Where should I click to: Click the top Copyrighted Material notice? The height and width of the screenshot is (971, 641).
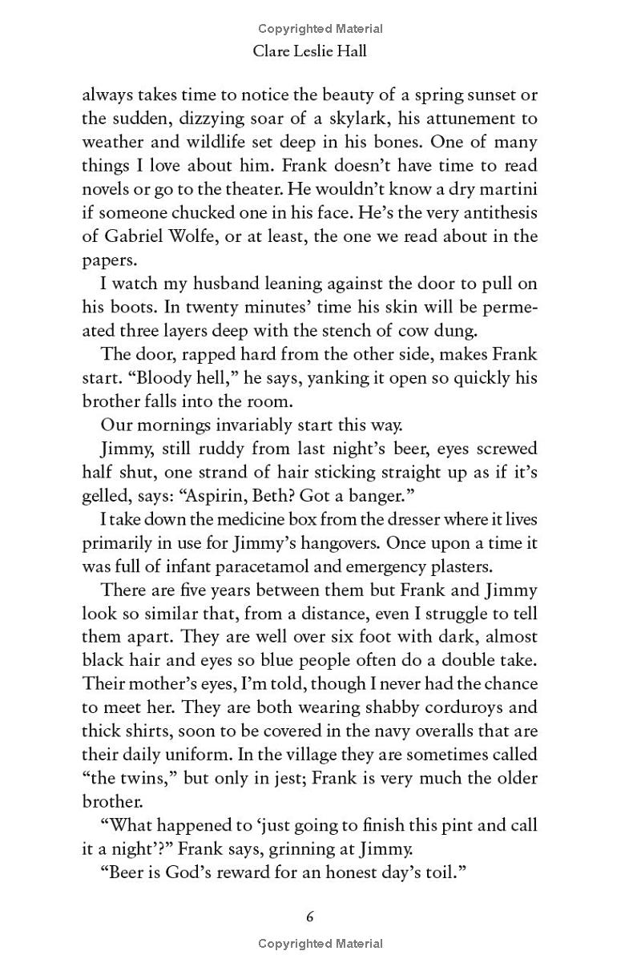coord(320,29)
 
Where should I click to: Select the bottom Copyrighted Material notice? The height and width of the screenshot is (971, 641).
coord(320,944)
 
